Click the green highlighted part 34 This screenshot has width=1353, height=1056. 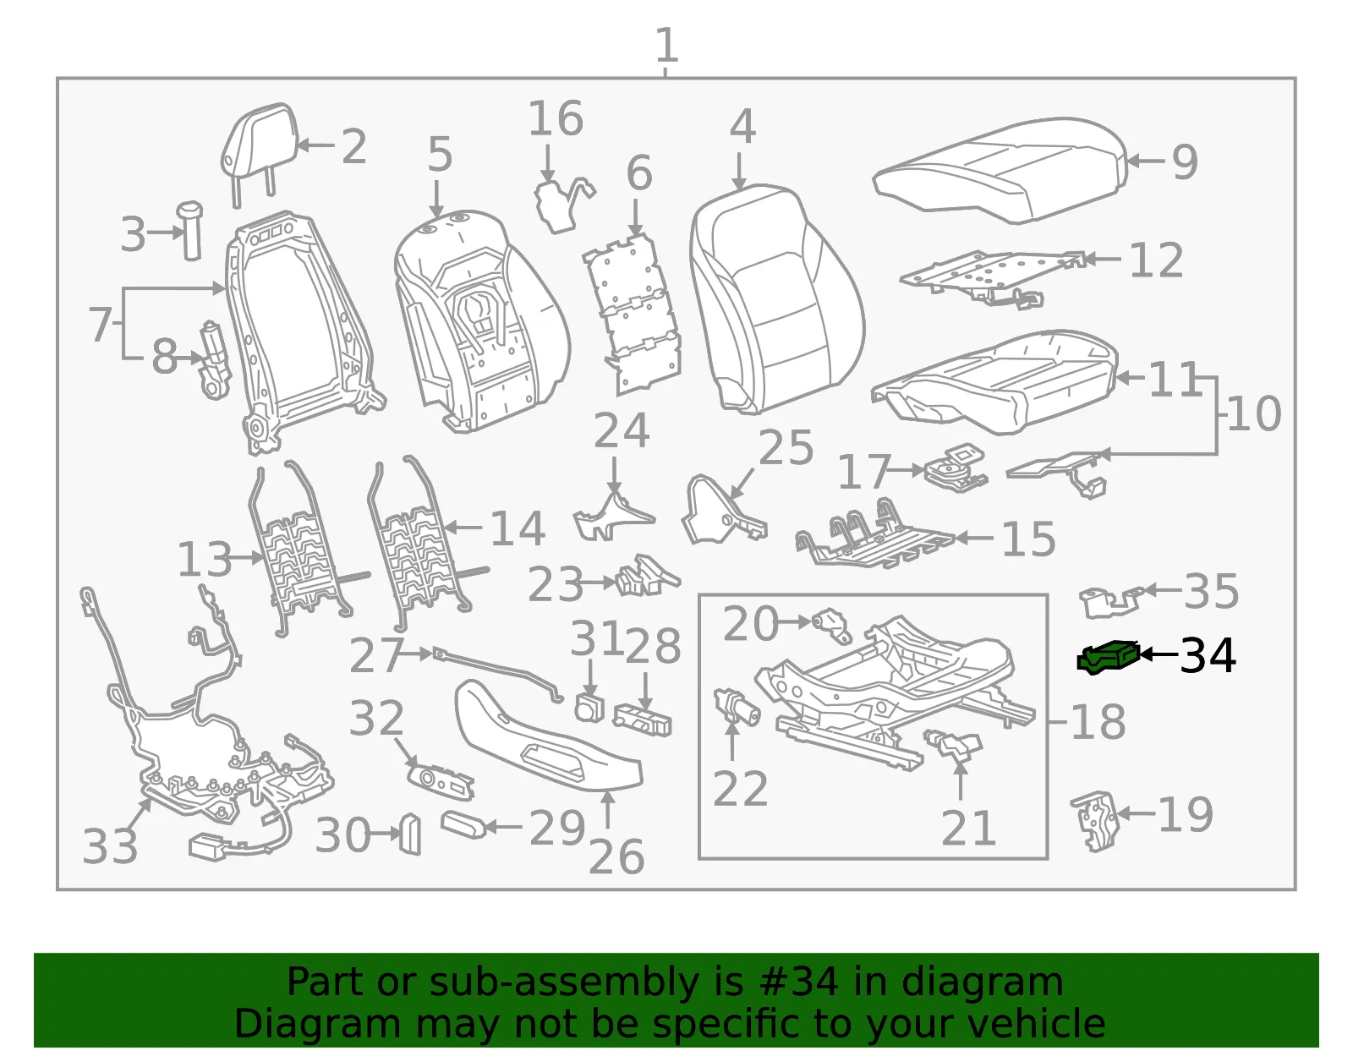coord(1109,657)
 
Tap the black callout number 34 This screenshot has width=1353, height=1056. coord(1208,655)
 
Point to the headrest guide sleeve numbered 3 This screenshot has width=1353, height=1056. coord(190,230)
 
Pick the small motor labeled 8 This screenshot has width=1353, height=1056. coord(214,360)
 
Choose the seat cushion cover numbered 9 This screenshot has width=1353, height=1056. coord(1000,169)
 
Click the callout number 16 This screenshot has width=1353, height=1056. coord(556,118)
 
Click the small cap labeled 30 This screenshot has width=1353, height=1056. coord(410,834)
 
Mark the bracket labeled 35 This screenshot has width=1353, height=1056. coord(1110,601)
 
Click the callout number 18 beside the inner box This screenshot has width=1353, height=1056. coord(1098,721)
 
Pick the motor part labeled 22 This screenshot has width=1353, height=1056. coord(737,708)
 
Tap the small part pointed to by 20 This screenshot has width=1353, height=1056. coord(832,625)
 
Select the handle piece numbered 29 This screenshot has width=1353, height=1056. coord(463,824)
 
